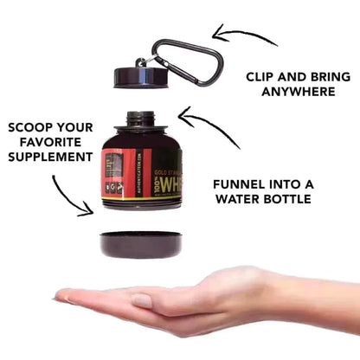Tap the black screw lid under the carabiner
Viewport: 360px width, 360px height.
pos(137,76)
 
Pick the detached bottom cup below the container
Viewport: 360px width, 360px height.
pos(141,244)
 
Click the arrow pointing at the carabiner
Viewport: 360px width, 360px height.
pos(246,35)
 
